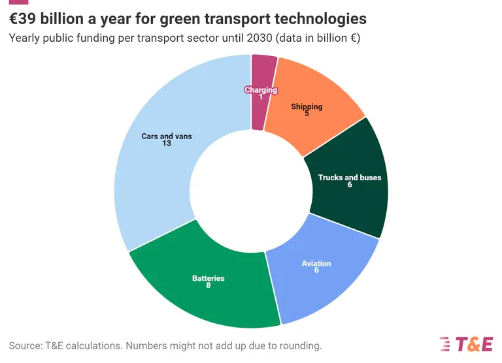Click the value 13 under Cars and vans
click(x=167, y=144)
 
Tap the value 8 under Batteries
click(x=208, y=285)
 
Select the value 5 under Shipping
click(x=307, y=113)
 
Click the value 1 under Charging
click(x=261, y=97)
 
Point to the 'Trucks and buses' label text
click(x=349, y=178)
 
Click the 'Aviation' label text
click(x=316, y=264)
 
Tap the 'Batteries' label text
click(x=208, y=278)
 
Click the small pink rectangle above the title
click(x=18, y=2)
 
